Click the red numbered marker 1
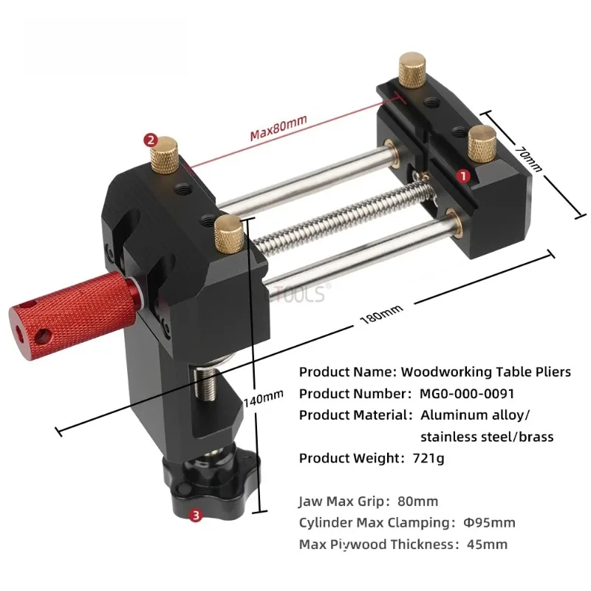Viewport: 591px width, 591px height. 463,176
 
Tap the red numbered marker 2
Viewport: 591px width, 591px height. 150,138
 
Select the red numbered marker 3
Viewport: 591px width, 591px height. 196,516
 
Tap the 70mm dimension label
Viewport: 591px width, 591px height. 527,159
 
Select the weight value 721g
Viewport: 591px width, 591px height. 426,458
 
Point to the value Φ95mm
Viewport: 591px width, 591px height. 488,523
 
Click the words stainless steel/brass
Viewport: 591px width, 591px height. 486,437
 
